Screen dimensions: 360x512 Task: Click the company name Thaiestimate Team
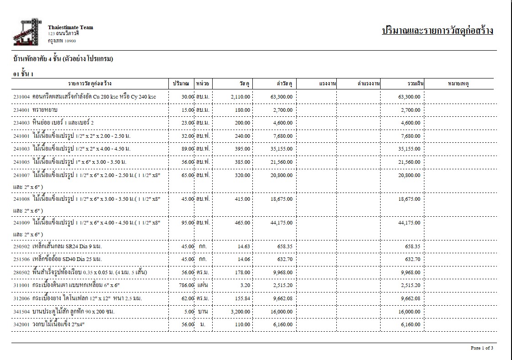tap(70, 27)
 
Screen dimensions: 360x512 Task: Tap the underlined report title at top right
tap(437, 31)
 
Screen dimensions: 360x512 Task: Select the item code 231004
tap(21, 97)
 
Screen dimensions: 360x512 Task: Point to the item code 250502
tap(21, 246)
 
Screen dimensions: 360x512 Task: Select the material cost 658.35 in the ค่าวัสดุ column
tap(285, 246)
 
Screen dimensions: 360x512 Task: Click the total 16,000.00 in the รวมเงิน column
tap(409, 312)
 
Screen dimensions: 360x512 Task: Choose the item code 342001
tap(21, 324)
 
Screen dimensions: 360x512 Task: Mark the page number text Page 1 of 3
tap(482, 348)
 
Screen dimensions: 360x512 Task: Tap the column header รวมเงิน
tap(416, 84)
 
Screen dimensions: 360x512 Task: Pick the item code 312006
tap(21, 298)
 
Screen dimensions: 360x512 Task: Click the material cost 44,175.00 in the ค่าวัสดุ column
tap(282, 223)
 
